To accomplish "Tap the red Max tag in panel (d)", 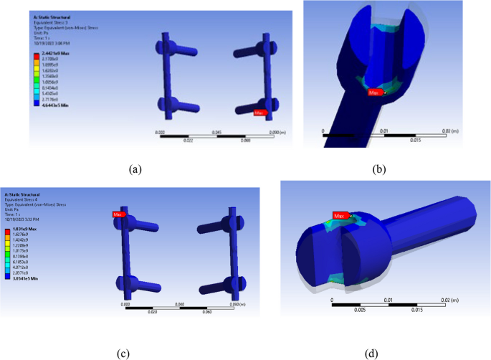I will tap(341, 215).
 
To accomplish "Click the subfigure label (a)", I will tap(134, 169).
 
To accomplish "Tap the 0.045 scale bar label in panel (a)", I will tap(215, 133).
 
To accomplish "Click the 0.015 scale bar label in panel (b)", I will tap(409, 139).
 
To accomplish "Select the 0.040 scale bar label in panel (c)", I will tap(185, 305).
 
